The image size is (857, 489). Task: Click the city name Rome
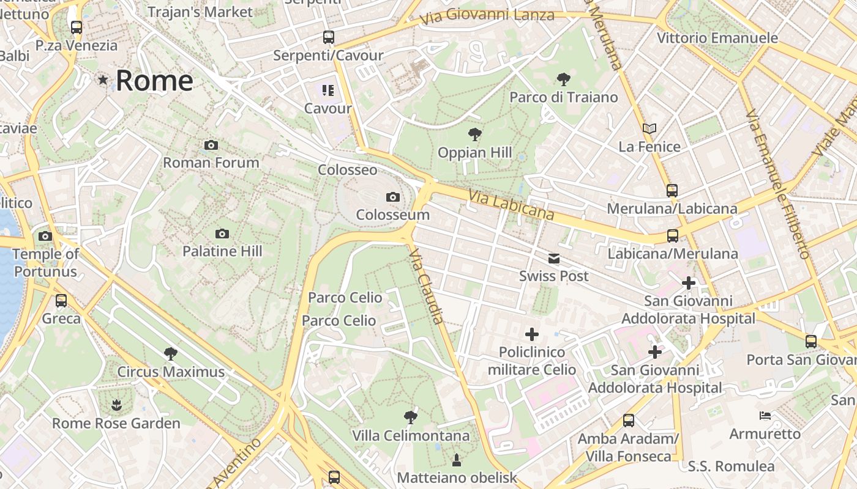point(154,81)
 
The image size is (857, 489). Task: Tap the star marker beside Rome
point(103,79)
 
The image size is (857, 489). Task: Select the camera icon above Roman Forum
point(211,145)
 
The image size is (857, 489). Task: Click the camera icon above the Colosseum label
point(393,197)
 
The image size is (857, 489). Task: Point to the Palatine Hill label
point(222,251)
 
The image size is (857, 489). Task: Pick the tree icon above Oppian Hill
point(474,134)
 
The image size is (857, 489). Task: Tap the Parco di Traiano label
point(564,97)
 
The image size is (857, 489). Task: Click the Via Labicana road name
point(512,205)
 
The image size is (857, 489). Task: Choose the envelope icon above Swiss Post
point(554,259)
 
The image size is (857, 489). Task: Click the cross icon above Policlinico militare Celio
point(532,334)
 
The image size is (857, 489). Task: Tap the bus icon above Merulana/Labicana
point(672,191)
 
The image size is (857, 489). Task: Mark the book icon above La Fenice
point(649,129)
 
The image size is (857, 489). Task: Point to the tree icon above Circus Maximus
point(171,353)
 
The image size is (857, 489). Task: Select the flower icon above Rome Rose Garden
point(116,405)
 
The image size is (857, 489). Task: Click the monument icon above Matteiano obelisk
point(457,460)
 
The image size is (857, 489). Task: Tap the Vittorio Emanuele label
point(717,38)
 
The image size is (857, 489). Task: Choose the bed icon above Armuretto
point(765,416)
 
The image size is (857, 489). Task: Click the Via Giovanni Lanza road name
point(487,16)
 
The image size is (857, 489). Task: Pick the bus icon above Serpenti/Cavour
point(329,37)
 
